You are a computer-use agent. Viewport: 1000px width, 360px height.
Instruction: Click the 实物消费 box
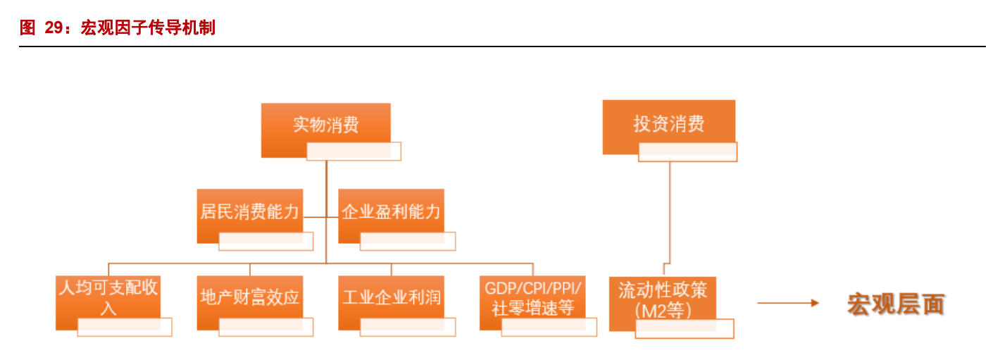point(325,125)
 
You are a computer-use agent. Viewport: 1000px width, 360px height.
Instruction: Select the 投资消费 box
point(668,124)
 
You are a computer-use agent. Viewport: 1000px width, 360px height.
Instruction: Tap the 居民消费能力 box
point(249,211)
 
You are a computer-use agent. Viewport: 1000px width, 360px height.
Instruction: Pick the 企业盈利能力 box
point(391,211)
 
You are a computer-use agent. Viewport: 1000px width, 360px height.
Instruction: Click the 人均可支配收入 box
point(108,297)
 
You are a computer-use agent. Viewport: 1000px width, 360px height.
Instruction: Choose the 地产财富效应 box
point(249,297)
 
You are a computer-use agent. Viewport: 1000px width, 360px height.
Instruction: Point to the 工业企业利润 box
point(391,297)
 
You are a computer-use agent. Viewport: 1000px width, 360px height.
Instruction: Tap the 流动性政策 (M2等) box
point(662,299)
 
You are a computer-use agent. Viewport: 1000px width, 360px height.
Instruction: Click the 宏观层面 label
point(895,304)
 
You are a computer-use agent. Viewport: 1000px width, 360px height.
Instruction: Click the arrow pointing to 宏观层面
point(787,303)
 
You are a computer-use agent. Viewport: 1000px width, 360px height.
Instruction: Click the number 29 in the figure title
point(54,28)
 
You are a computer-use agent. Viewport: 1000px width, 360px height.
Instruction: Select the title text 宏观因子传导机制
point(148,28)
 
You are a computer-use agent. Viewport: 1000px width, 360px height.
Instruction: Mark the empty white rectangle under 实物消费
point(354,151)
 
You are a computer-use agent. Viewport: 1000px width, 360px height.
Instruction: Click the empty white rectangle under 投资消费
point(687,152)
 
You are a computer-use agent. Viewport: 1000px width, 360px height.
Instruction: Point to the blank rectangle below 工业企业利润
point(408,327)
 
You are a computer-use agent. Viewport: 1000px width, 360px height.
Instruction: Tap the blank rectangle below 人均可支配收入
point(125,327)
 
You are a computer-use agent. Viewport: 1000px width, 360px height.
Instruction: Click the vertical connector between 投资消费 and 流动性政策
point(668,211)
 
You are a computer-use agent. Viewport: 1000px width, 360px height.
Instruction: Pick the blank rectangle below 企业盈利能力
point(408,241)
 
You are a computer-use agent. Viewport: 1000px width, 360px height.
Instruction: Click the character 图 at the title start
point(27,28)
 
